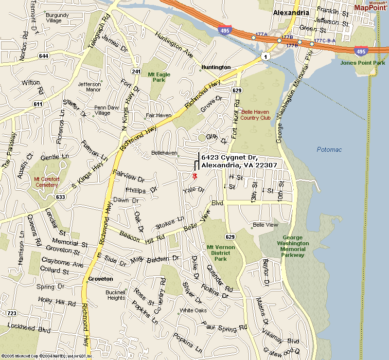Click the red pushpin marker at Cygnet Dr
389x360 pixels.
point(194,176)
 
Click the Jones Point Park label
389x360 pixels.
point(362,63)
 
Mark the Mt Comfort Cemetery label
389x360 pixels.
point(47,182)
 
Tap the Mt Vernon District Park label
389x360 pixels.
point(220,253)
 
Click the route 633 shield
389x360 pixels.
point(60,197)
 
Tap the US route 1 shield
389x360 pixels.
point(265,57)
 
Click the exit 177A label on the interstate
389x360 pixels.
point(262,35)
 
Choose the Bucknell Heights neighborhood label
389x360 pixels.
point(116,295)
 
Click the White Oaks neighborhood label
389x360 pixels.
point(193,310)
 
